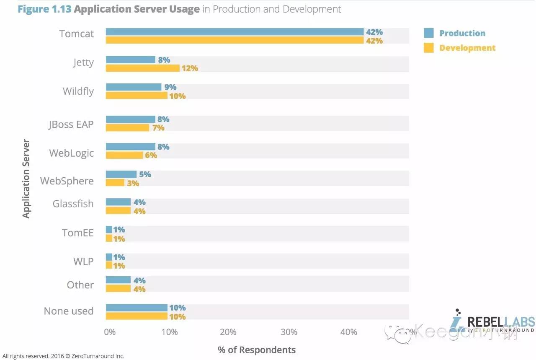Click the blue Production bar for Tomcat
click(234, 32)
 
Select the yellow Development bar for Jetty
click(142, 68)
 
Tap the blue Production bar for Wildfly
click(133, 87)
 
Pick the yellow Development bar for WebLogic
click(124, 155)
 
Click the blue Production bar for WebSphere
click(121, 174)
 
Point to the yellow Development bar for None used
click(137, 316)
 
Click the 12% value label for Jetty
click(190, 68)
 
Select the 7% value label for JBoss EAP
click(158, 128)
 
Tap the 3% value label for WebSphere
click(133, 183)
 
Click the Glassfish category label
click(73, 204)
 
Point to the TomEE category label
click(77, 233)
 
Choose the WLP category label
click(83, 262)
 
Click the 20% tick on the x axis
click(228, 332)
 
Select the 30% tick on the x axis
click(289, 332)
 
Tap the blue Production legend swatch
click(428, 33)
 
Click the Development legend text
click(467, 48)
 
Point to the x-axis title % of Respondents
click(257, 350)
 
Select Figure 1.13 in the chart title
click(44, 9)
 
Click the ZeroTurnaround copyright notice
click(63, 356)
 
